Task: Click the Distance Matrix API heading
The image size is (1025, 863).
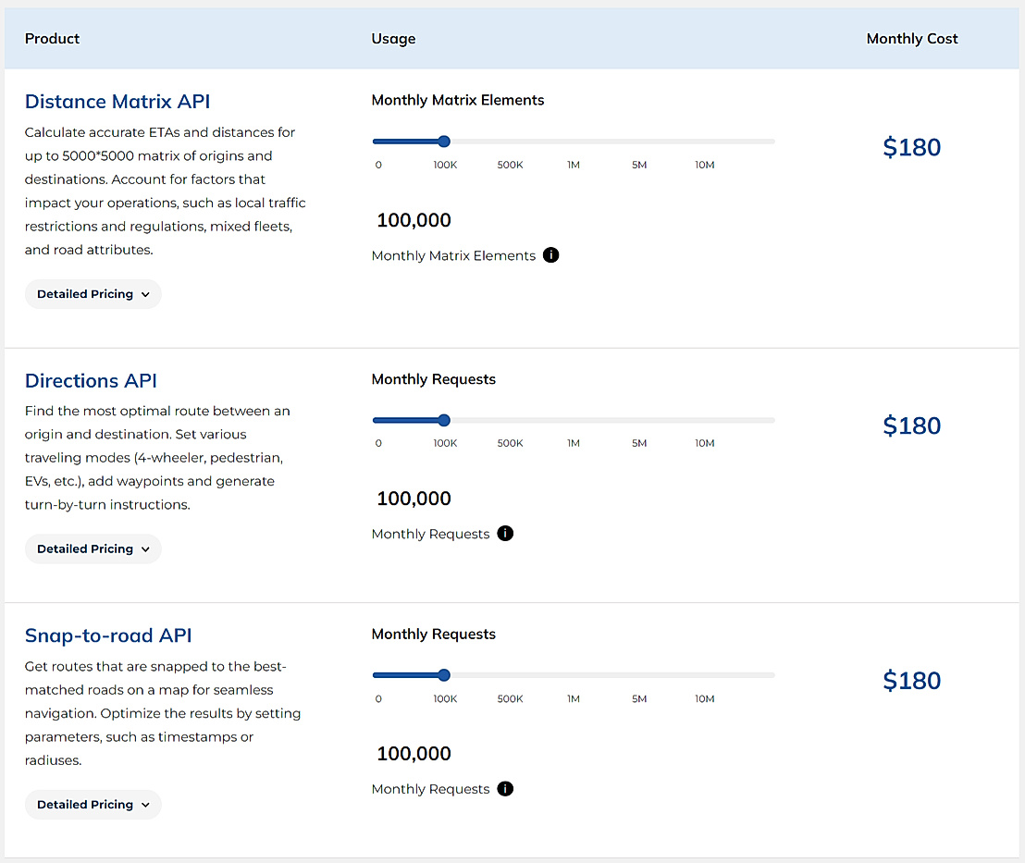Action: [117, 102]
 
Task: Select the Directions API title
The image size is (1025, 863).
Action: [91, 381]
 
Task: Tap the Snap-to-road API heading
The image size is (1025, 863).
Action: [108, 635]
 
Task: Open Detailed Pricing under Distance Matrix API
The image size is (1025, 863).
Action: [93, 294]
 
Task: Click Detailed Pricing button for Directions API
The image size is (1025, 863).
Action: [93, 549]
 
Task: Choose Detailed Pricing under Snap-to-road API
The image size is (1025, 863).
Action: [93, 805]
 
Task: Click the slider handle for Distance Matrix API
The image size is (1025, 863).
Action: [444, 142]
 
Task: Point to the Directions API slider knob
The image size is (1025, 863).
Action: [444, 420]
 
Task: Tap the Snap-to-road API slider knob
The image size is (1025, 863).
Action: [444, 675]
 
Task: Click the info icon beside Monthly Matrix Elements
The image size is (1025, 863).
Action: [551, 255]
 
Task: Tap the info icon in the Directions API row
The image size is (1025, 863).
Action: [505, 534]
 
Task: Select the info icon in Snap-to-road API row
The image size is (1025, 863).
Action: [505, 789]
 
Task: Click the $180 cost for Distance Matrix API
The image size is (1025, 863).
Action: [911, 148]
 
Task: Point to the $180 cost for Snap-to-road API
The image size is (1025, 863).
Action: [911, 681]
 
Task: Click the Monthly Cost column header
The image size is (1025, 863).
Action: [911, 39]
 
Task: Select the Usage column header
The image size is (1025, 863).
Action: [393, 39]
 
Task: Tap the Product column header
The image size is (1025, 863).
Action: [52, 39]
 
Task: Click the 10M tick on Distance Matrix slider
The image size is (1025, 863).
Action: [705, 165]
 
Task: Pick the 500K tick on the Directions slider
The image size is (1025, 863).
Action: [510, 443]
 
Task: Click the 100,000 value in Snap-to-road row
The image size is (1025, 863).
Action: [414, 754]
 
